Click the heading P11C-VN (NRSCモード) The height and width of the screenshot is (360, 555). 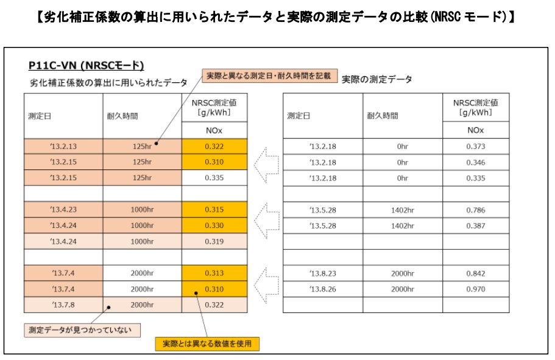tap(86, 65)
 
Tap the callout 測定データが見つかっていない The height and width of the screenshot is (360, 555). tap(82, 330)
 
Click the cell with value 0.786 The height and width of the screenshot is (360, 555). tap(475, 210)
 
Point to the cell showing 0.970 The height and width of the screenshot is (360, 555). tap(475, 288)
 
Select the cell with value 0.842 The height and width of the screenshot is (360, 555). tap(475, 273)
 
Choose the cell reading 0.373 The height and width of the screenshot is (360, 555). tap(475, 147)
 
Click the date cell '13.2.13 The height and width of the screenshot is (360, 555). tap(63, 147)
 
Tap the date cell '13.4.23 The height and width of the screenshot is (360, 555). tap(63, 210)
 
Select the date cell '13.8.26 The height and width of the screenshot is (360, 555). tap(323, 288)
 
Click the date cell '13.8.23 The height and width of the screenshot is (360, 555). tap(323, 273)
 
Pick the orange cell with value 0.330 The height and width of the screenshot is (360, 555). tap(214, 225)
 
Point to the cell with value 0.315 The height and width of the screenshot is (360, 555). tap(214, 210)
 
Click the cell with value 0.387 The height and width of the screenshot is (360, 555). tap(475, 225)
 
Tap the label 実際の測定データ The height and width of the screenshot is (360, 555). tap(376, 79)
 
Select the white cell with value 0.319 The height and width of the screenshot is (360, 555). tap(214, 241)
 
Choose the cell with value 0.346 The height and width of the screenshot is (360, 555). tap(475, 163)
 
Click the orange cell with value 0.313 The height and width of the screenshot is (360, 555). tap(214, 273)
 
